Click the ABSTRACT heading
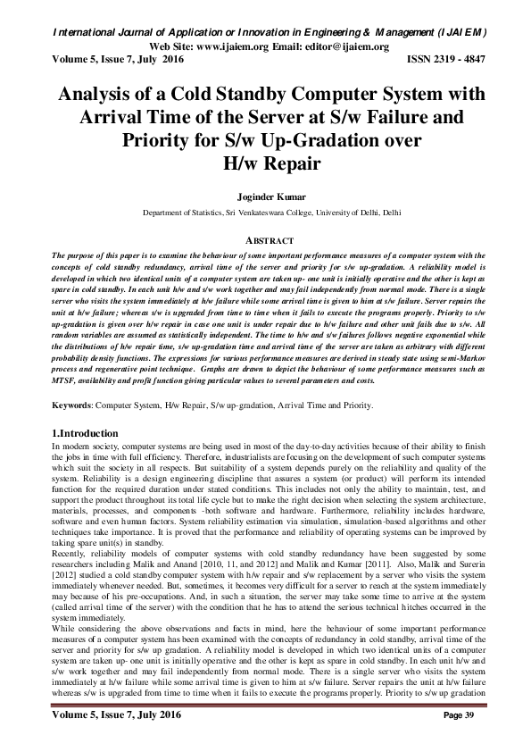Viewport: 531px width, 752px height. [265, 240]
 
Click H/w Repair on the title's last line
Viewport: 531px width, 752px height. [265, 163]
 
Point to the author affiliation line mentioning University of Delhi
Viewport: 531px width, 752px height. [265, 214]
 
